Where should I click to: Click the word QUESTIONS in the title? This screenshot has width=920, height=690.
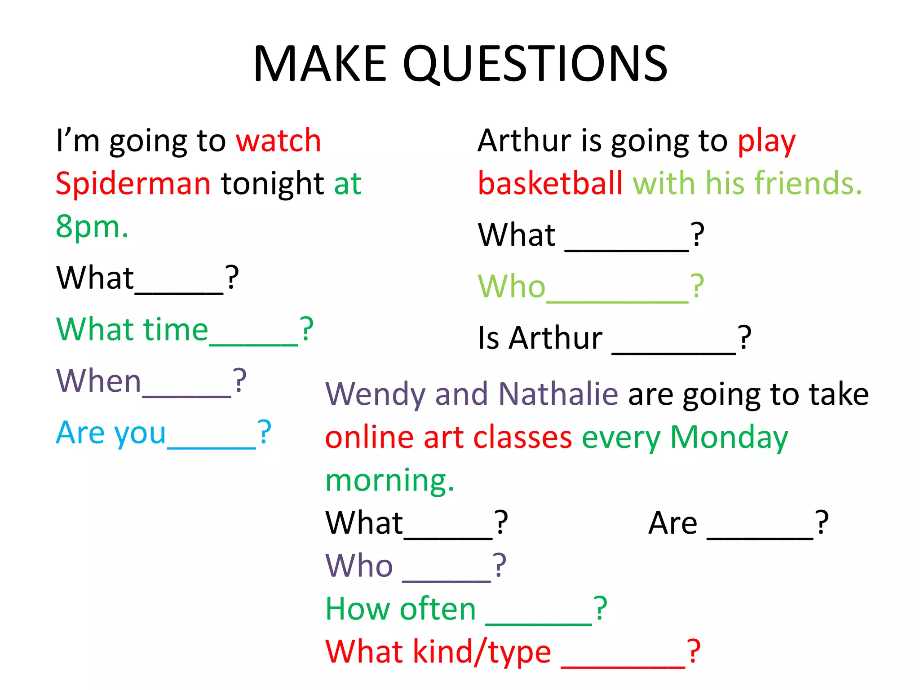[x=535, y=64]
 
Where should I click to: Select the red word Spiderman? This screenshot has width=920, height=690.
[x=133, y=184]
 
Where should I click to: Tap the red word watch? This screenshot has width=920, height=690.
[x=279, y=141]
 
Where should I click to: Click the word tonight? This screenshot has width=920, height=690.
[x=272, y=184]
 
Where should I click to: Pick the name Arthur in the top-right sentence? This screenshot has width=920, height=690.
[x=524, y=141]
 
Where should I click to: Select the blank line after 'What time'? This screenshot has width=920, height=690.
[x=254, y=343]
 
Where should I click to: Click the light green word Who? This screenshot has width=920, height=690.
[x=511, y=286]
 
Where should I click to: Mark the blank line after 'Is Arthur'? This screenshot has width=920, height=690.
[x=674, y=353]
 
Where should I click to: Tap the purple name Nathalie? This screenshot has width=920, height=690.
[x=558, y=394]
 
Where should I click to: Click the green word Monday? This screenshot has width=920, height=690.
[x=729, y=438]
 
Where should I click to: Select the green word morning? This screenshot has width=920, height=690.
[x=389, y=480]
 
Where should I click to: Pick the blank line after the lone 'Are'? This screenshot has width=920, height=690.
[x=760, y=537]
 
